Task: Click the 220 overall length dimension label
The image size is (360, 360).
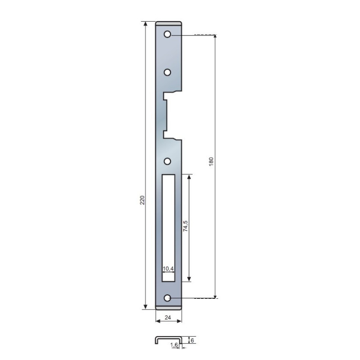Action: pos(142,200)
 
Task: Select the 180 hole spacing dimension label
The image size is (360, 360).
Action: pos(211,162)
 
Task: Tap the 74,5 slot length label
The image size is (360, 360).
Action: pos(185,226)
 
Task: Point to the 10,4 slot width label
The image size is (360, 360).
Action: pos(168,268)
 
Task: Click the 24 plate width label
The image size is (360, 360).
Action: pos(168,318)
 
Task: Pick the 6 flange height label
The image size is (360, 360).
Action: pos(193,340)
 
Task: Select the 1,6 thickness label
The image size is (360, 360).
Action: pos(174,345)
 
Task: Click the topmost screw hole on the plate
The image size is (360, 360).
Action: pos(167,35)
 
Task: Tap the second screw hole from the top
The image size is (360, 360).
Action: pos(167,72)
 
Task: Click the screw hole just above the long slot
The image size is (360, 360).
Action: pos(167,161)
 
